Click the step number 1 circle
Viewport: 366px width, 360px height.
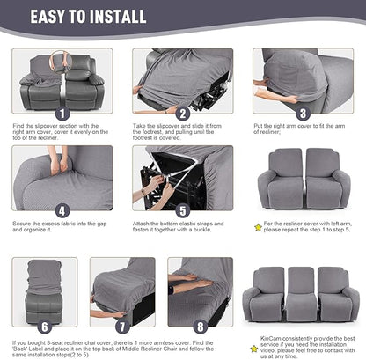(62, 114)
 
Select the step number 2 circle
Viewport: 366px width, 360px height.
(183, 114)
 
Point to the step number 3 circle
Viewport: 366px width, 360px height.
(303, 114)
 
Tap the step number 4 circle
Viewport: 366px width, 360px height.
(62, 211)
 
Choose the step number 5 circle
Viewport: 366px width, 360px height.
(183, 211)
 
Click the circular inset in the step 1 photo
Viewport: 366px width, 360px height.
(61, 60)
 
